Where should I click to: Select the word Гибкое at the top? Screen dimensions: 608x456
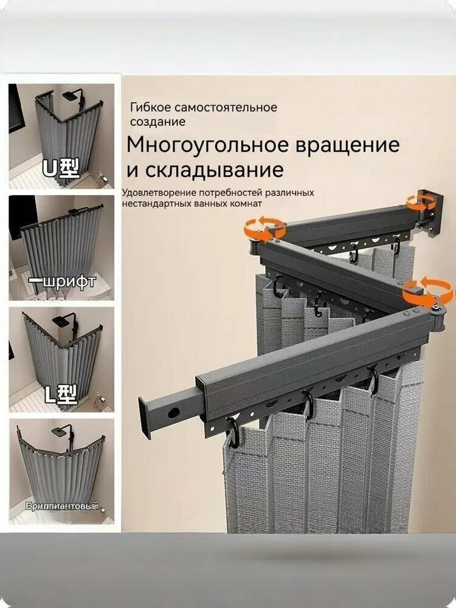point(150,108)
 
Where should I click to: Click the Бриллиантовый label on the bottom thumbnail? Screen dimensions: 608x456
point(61,506)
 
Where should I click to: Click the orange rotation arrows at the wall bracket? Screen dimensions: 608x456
point(421,202)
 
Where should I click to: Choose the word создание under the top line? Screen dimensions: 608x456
point(157,122)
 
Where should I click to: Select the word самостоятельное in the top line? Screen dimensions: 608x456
point(225,108)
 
